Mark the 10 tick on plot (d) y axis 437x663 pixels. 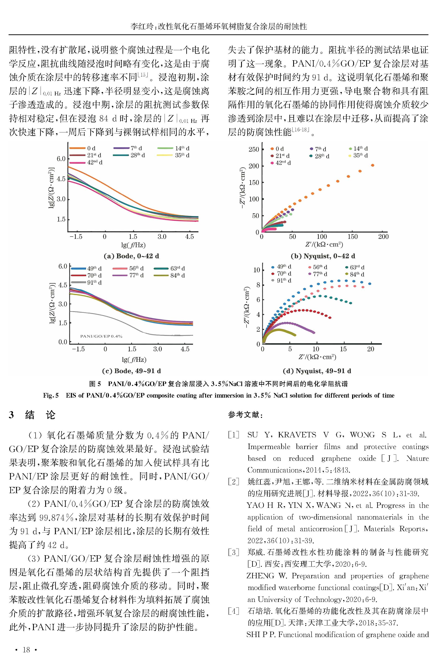click(x=256, y=270)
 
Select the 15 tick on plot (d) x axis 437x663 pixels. click(x=343, y=349)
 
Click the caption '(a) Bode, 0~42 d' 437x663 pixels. click(x=131, y=256)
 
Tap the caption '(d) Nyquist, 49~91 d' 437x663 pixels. click(x=317, y=371)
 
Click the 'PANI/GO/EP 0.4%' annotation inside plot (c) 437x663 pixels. click(x=101, y=336)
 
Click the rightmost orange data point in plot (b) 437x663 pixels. click(x=373, y=165)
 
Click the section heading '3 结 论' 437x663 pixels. click(x=32, y=415)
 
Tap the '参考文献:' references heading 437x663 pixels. click(x=245, y=415)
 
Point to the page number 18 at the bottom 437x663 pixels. click(x=26, y=650)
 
